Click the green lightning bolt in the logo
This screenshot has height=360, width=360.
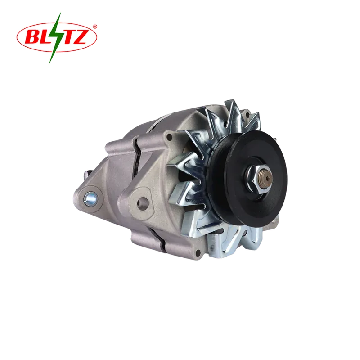click(x=56, y=38)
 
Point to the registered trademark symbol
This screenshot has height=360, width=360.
click(x=95, y=27)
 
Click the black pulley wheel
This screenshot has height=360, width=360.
click(x=247, y=178)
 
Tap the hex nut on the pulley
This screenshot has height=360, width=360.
click(x=257, y=177)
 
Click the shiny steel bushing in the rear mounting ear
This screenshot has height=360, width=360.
click(x=91, y=198)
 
